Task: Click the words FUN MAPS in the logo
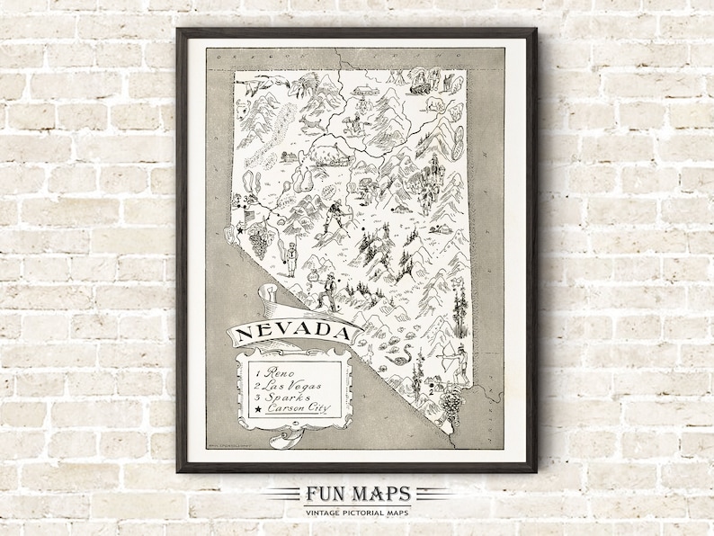pyautogui.click(x=357, y=494)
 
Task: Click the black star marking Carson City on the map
pyautogui.click(x=241, y=233)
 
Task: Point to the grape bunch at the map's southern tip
pyautogui.click(x=452, y=398)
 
